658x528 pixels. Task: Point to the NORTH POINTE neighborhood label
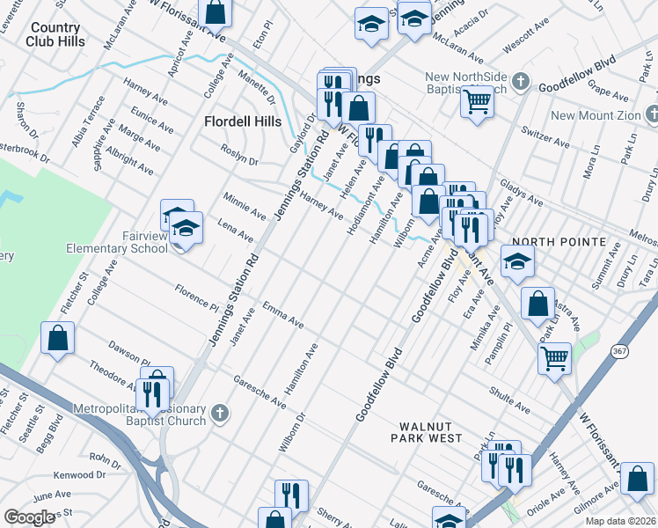point(559,242)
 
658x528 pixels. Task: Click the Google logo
point(30,517)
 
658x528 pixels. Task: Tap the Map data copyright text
point(620,521)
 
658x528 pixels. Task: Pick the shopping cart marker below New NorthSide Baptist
point(478,102)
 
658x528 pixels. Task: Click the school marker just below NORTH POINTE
point(517,260)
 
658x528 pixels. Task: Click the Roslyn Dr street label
point(240,159)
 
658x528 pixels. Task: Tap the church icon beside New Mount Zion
point(652,114)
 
